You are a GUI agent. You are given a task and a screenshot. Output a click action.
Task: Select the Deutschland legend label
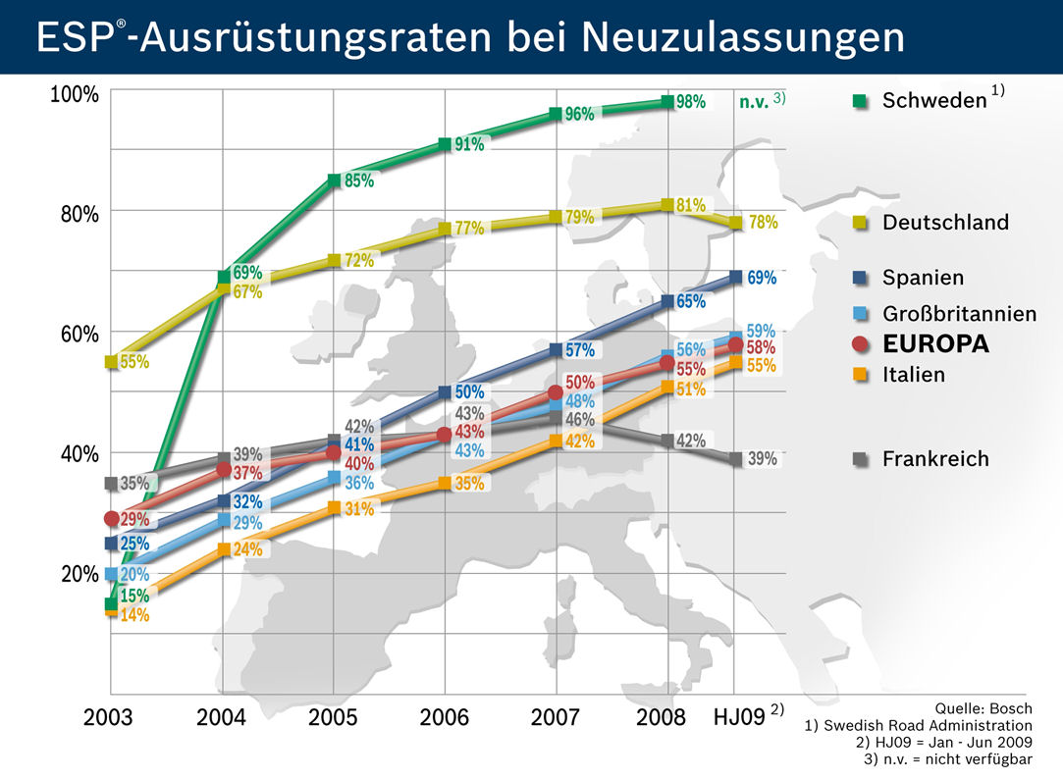[944, 223]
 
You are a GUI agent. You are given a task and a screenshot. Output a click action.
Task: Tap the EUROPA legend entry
[934, 344]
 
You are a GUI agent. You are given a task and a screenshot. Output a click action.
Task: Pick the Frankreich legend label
[934, 459]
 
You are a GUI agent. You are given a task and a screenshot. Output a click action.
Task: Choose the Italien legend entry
[913, 375]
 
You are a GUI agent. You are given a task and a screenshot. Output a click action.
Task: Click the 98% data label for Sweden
[690, 102]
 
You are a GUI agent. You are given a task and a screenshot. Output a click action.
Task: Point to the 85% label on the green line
[358, 182]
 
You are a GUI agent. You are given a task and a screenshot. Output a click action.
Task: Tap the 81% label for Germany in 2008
[691, 205]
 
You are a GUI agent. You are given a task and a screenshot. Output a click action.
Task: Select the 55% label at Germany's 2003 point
[134, 362]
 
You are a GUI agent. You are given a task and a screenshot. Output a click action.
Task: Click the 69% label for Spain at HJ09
[762, 278]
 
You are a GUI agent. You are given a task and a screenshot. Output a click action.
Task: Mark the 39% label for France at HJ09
[762, 459]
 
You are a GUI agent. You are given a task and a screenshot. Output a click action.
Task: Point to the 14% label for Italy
[134, 616]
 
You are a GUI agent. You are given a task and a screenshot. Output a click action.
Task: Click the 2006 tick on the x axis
[445, 717]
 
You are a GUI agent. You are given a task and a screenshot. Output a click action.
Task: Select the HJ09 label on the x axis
[738, 717]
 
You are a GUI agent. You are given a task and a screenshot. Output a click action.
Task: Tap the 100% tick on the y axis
[75, 94]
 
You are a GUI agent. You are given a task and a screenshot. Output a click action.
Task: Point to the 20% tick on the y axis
[79, 574]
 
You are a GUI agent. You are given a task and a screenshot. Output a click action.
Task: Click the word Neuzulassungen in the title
[743, 37]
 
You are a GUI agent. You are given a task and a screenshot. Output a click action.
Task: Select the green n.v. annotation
[754, 101]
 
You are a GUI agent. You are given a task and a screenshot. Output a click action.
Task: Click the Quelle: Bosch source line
[984, 706]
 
